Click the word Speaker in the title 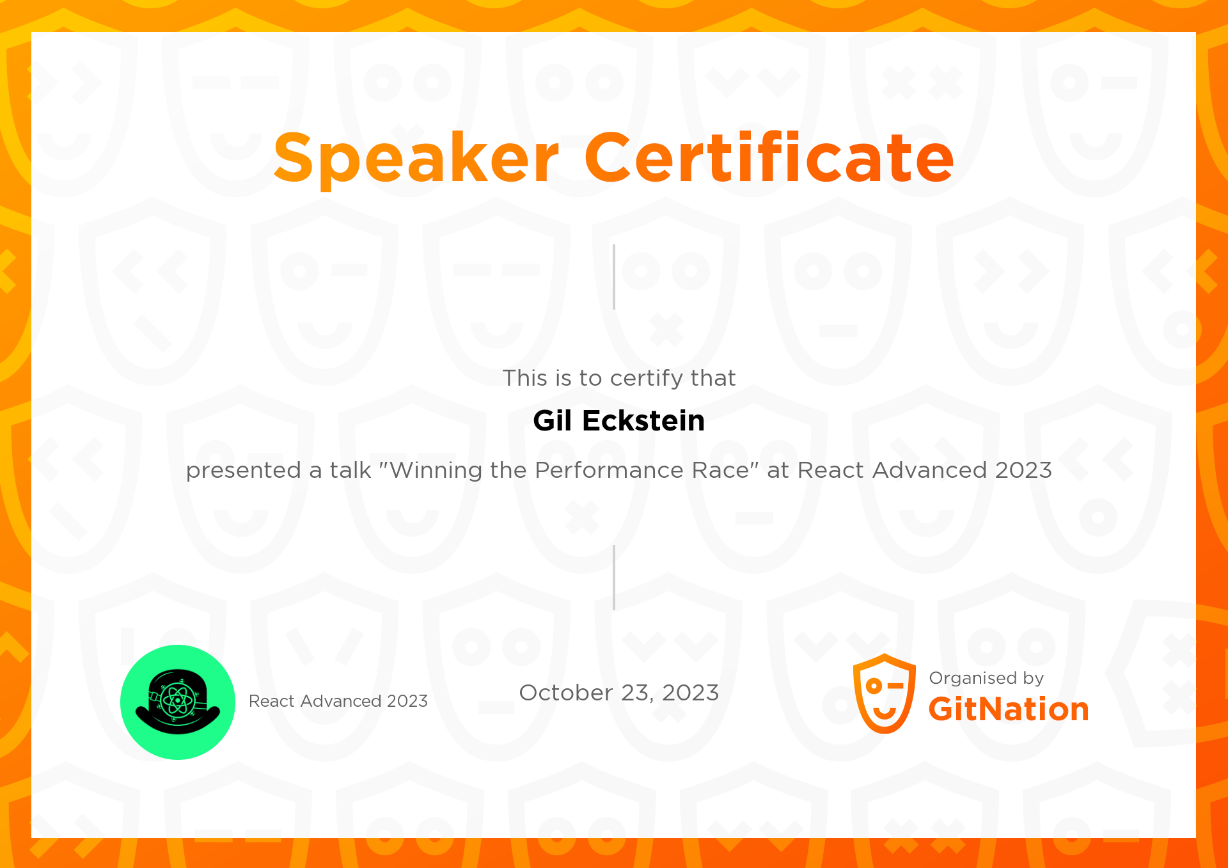click(x=416, y=159)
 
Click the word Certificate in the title click(x=769, y=157)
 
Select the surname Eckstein click(x=643, y=421)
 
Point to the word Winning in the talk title click(x=436, y=471)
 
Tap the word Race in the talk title click(x=723, y=471)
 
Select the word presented click(x=243, y=471)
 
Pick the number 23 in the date click(x=636, y=693)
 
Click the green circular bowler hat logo click(x=178, y=702)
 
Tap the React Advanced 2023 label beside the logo click(x=338, y=701)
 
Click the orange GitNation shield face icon click(x=884, y=694)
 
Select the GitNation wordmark click(x=1008, y=709)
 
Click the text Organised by click(x=986, y=678)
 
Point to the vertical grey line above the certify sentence click(x=614, y=277)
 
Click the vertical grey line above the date click(x=614, y=578)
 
